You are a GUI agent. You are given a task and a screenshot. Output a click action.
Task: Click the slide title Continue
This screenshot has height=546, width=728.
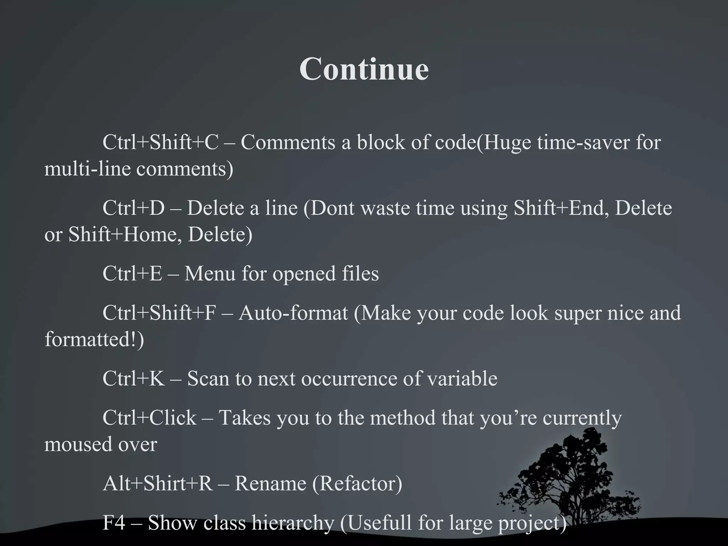364,69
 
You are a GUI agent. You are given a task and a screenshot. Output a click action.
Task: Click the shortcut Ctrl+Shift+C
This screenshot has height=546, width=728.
160,143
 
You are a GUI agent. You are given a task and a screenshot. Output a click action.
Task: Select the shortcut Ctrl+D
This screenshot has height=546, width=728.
134,208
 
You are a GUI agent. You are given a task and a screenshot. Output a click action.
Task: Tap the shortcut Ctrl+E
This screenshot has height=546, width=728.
132,274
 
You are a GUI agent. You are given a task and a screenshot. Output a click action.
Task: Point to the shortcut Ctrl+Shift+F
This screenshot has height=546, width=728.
159,313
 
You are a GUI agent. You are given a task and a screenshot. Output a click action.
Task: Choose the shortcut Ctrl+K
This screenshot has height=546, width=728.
134,379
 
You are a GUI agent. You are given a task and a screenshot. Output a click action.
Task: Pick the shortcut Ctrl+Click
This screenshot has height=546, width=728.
149,418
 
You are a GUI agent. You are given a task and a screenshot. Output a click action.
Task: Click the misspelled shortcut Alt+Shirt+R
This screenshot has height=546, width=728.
157,484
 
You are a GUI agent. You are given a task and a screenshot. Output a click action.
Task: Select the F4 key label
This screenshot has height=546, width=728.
114,523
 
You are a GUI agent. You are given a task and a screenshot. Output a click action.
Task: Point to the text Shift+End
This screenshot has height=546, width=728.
558,208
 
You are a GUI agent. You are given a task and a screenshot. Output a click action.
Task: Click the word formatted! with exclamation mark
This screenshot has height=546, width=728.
94,339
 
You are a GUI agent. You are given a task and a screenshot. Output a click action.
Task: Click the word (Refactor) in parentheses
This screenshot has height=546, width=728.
357,484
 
